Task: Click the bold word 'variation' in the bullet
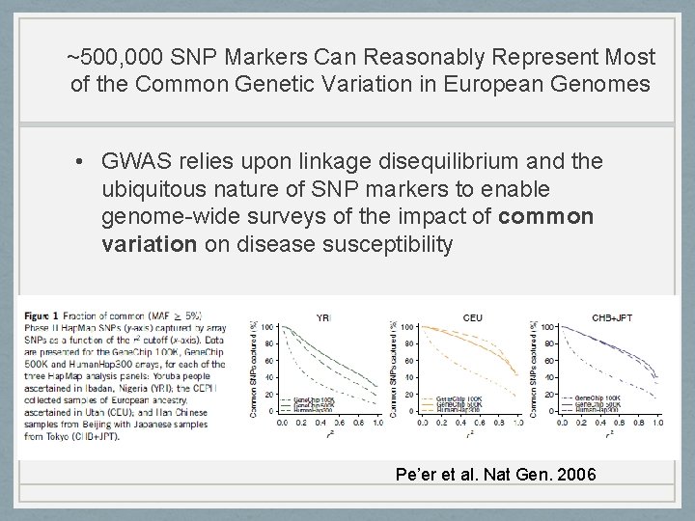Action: click(149, 245)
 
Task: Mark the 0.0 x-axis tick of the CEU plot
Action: click(422, 423)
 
